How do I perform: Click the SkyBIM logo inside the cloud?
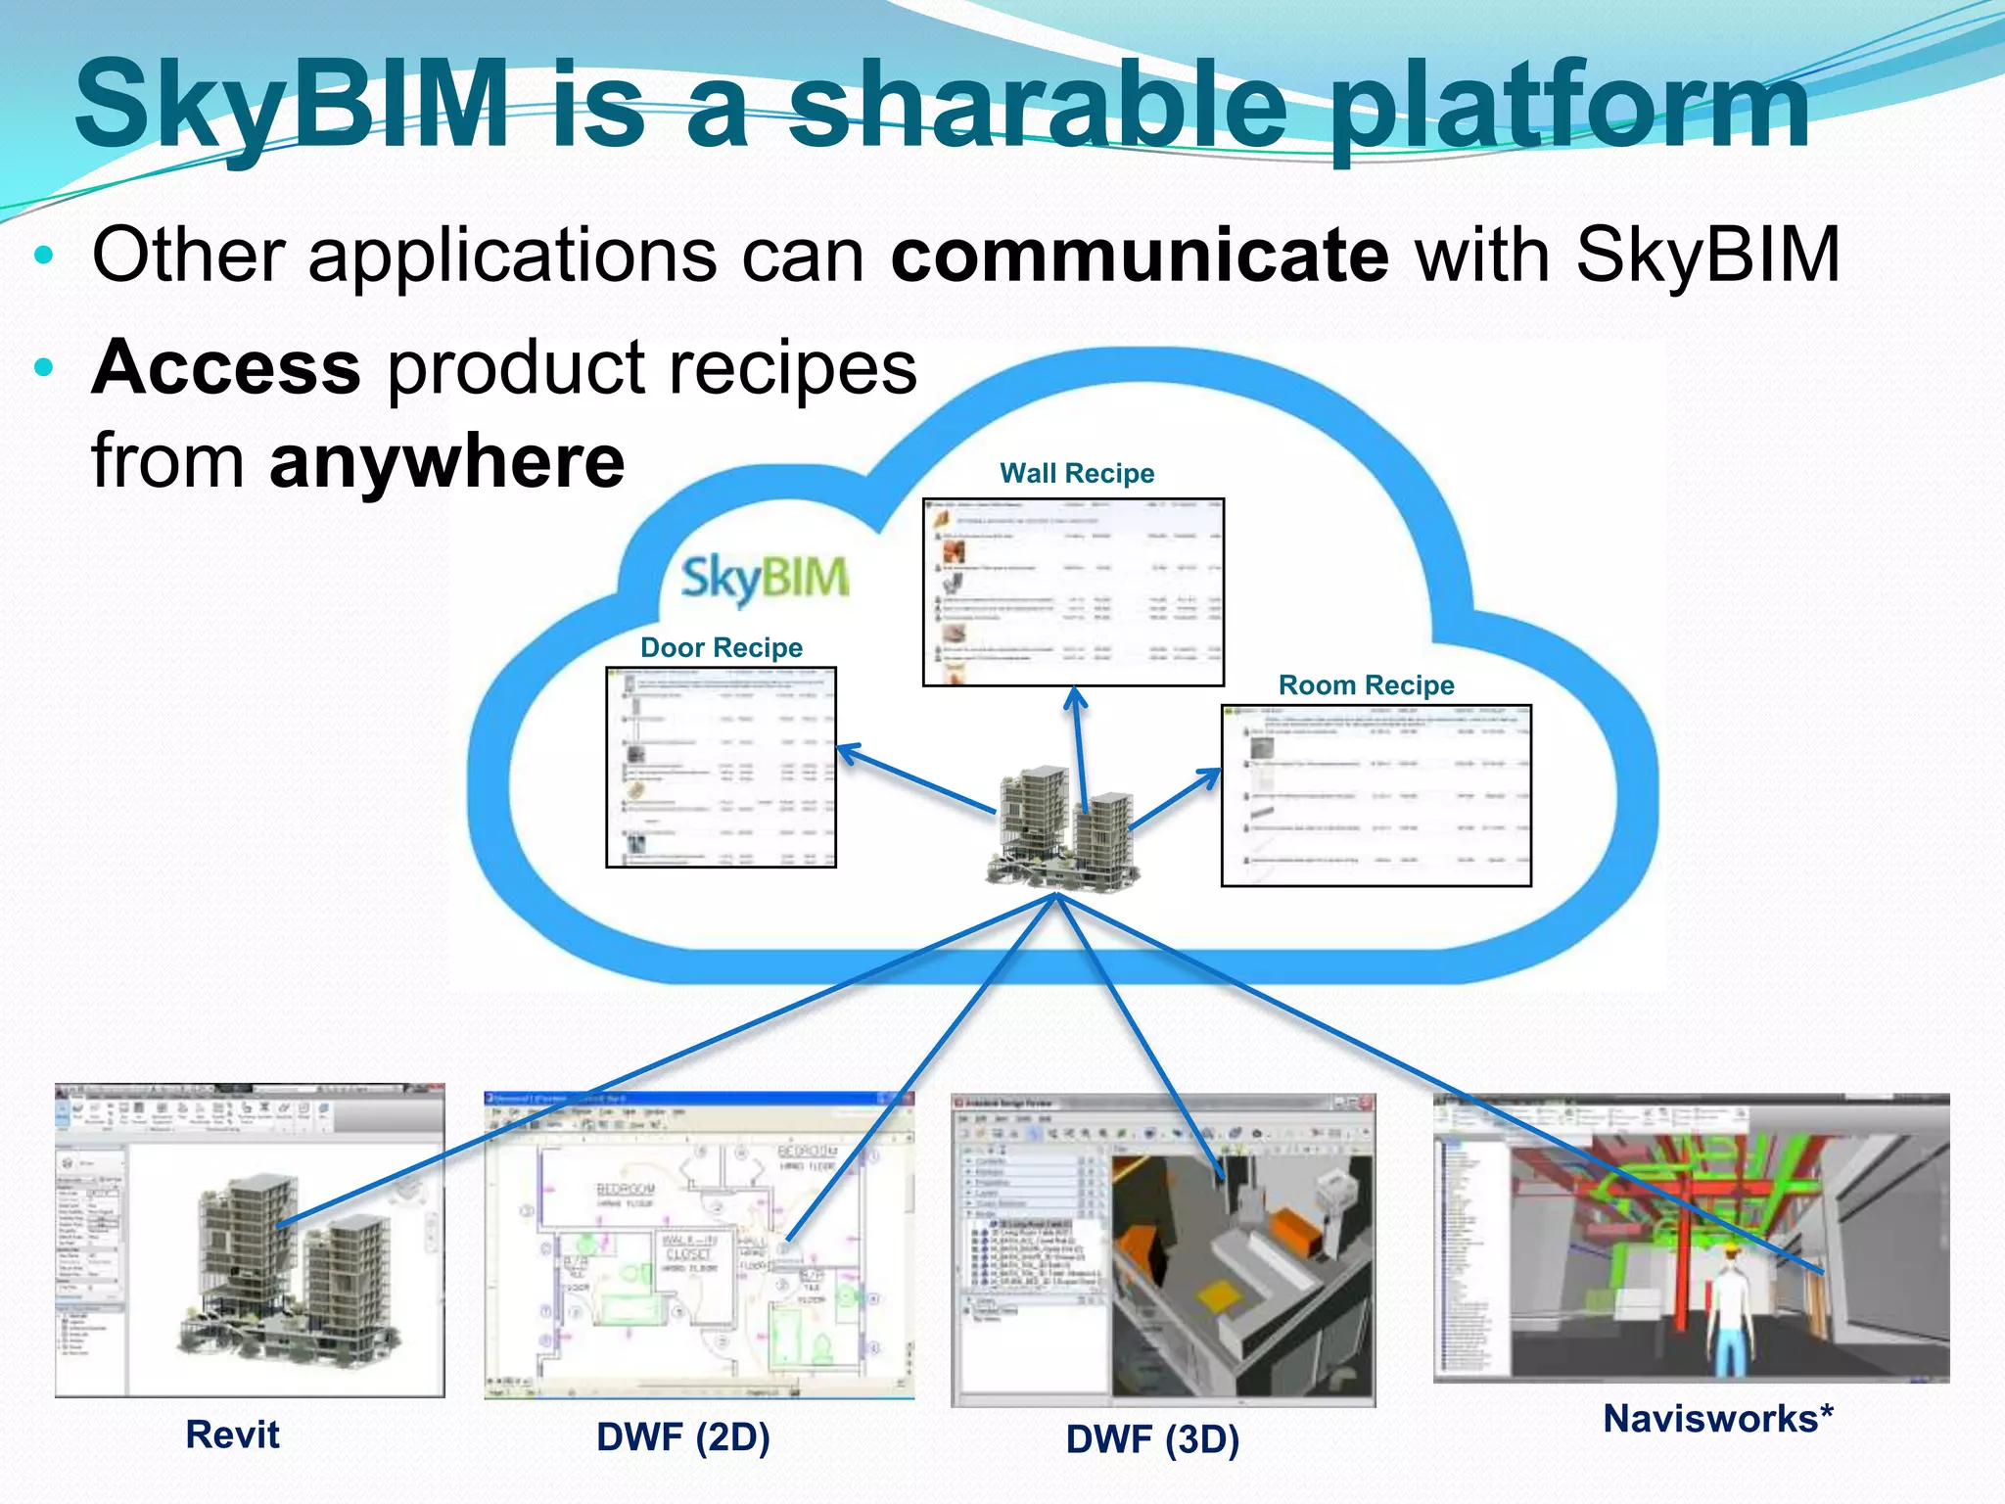(765, 578)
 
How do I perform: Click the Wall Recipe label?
(1076, 474)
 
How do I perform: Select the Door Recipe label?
(721, 648)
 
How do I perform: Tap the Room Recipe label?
(1366, 685)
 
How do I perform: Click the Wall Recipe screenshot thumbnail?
(1073, 592)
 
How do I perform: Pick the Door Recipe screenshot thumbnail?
(721, 768)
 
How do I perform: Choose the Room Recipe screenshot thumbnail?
(1376, 795)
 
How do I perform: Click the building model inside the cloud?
(1062, 827)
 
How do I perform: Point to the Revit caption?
(232, 1435)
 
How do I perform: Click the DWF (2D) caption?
(683, 1437)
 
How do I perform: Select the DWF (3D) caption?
(1152, 1439)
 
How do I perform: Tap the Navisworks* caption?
(1717, 1419)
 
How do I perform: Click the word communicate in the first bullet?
(1139, 257)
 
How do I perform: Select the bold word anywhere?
(446, 462)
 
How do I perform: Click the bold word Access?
(226, 368)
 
